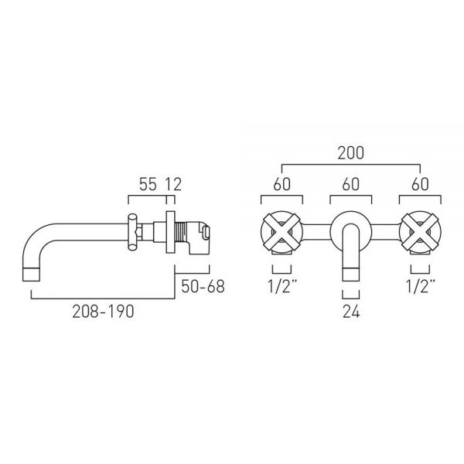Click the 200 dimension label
(350, 153)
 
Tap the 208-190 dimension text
(103, 312)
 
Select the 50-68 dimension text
(203, 286)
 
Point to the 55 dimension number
(148, 184)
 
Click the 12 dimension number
(173, 184)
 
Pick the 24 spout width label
(351, 312)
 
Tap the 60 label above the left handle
(281, 184)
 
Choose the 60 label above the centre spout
(350, 184)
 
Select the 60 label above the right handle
(420, 184)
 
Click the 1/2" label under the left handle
(282, 286)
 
